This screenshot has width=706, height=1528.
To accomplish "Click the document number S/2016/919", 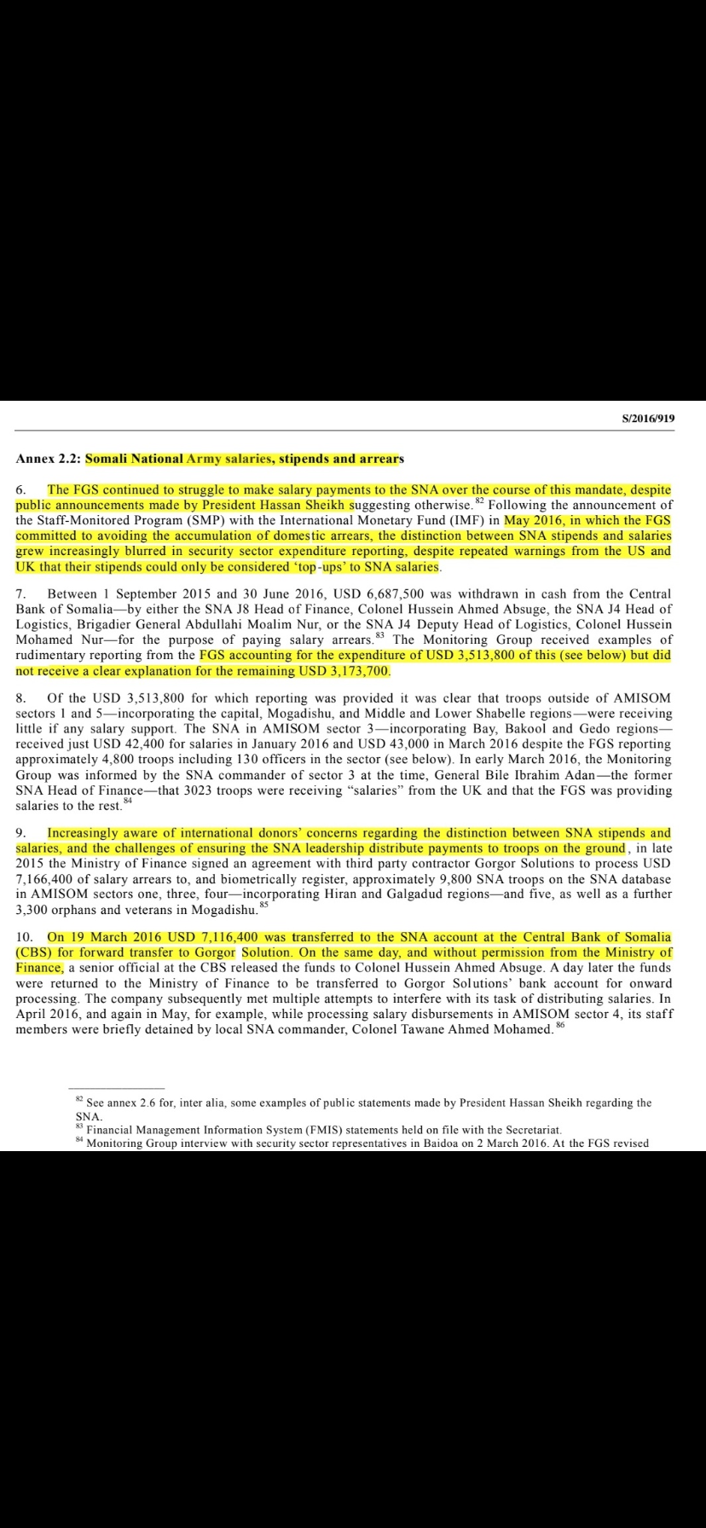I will [649, 419].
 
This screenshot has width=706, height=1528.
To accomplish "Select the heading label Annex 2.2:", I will [49, 459].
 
